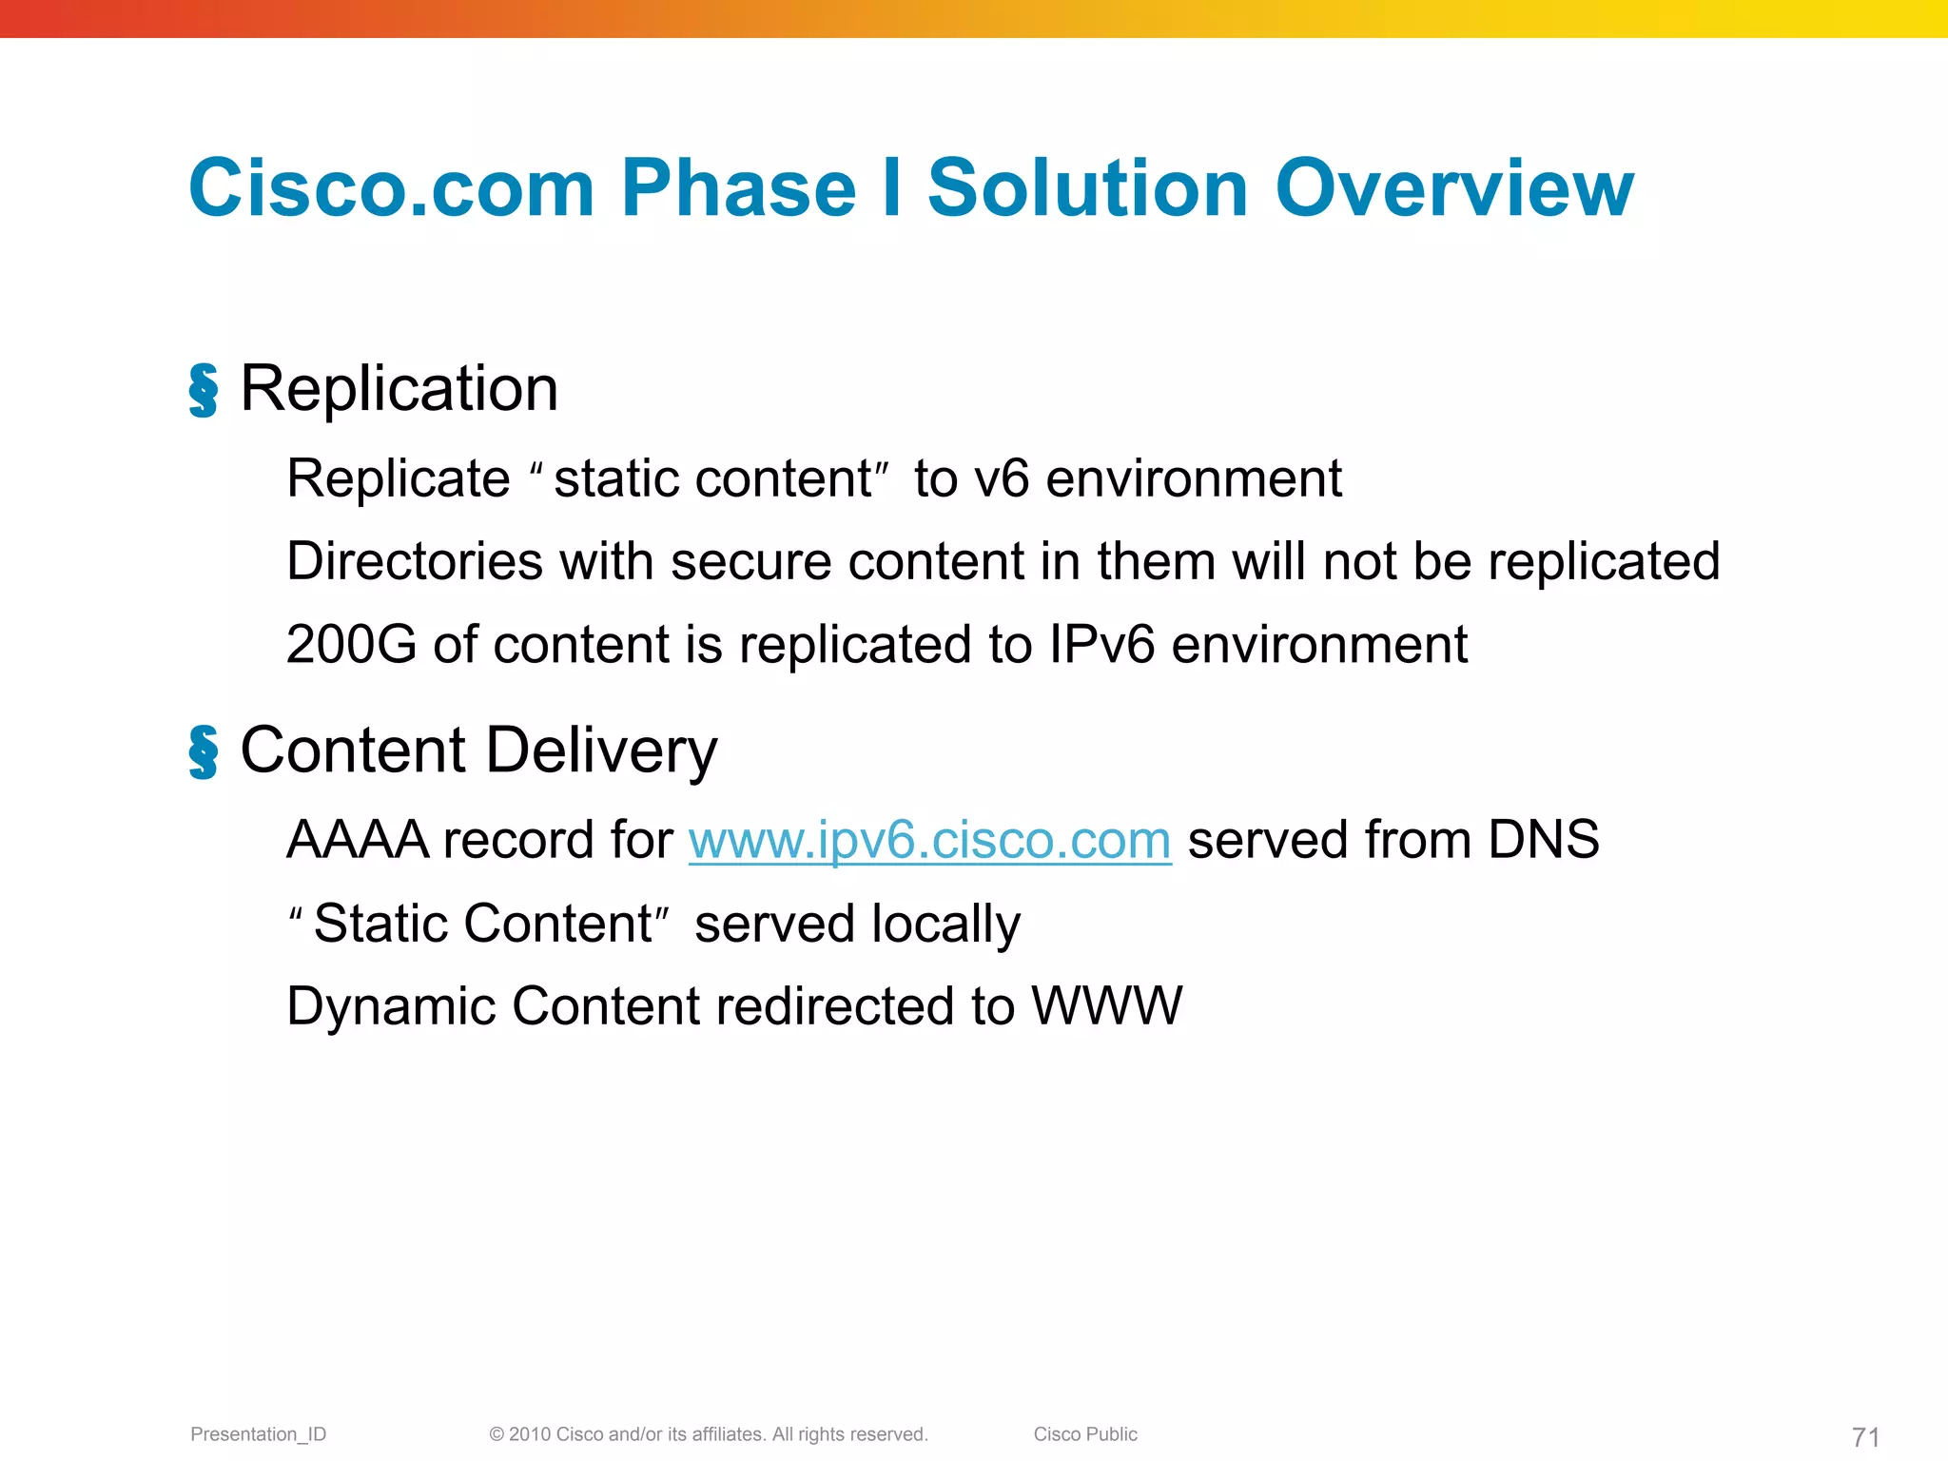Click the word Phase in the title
pos(738,188)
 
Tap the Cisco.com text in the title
pos(392,188)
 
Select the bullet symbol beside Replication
pos(203,390)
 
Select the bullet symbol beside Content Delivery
pos(203,751)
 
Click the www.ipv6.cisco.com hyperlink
pos(929,841)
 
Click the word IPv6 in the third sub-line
pos(1101,645)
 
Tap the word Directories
pos(415,561)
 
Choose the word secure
pos(750,561)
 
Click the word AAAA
pos(358,841)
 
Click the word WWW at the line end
pos(1107,1006)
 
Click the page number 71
pos(1865,1436)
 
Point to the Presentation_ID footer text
pos(258,1434)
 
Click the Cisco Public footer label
pos(1085,1434)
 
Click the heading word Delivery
pos(601,751)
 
